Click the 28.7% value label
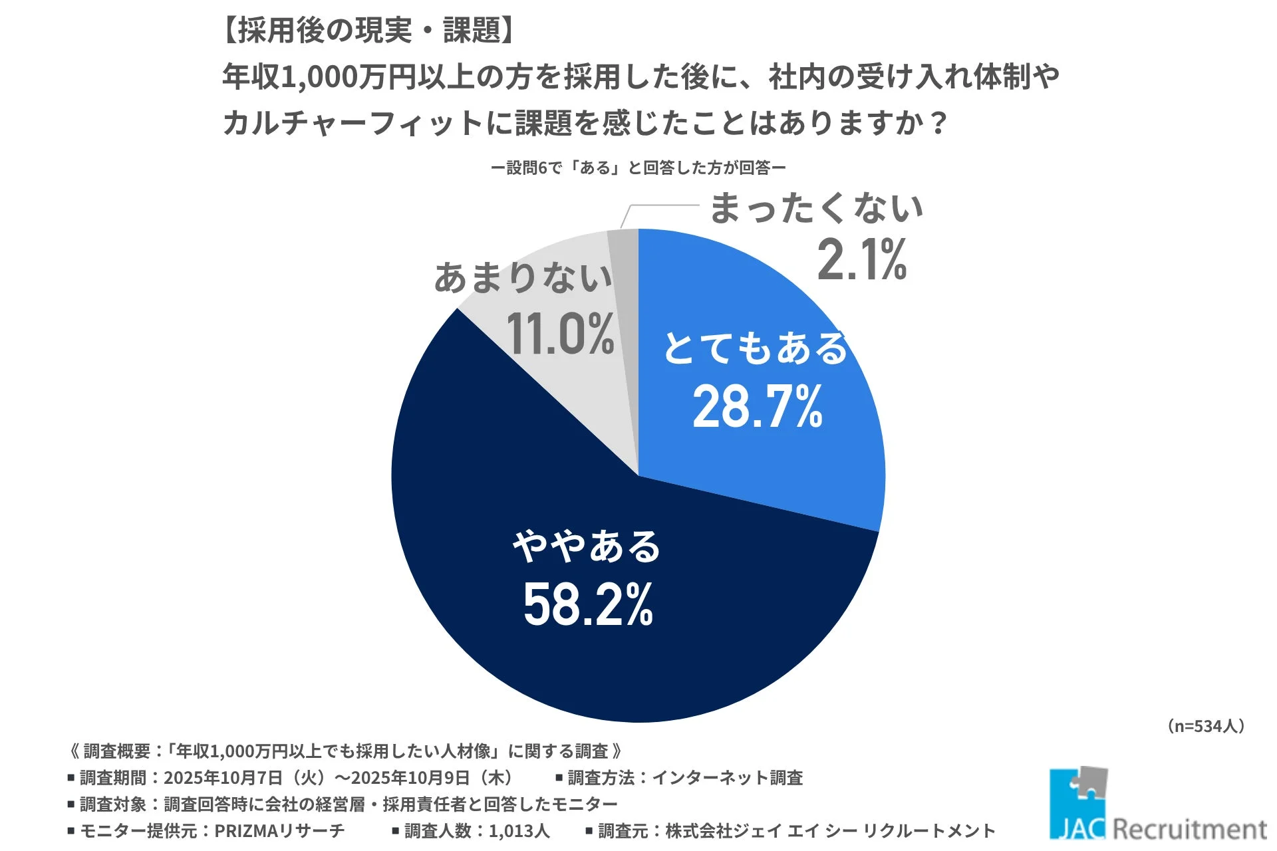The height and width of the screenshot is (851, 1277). coord(758,406)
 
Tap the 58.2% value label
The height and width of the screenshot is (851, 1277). coord(588,604)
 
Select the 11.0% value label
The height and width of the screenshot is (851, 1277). coord(560,334)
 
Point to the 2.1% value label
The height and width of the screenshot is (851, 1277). coord(861,260)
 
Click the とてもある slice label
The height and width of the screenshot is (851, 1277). coord(756,348)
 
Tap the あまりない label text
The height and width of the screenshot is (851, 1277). coord(523,278)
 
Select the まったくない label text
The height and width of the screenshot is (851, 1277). coord(816,208)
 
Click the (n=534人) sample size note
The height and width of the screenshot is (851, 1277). coord(1206,726)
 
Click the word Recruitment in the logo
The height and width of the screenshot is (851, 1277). coord(1189,829)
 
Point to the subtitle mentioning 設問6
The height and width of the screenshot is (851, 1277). coord(638,168)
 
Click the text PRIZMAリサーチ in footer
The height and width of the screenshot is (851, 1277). coord(279,830)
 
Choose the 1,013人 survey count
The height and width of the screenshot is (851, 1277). coord(519,830)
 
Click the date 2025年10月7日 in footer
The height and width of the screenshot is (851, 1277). coord(223,777)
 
